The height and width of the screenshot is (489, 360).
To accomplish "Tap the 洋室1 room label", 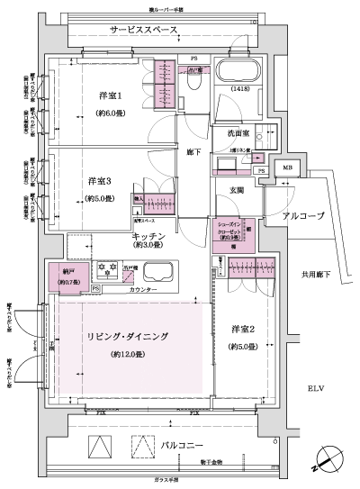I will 111,96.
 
